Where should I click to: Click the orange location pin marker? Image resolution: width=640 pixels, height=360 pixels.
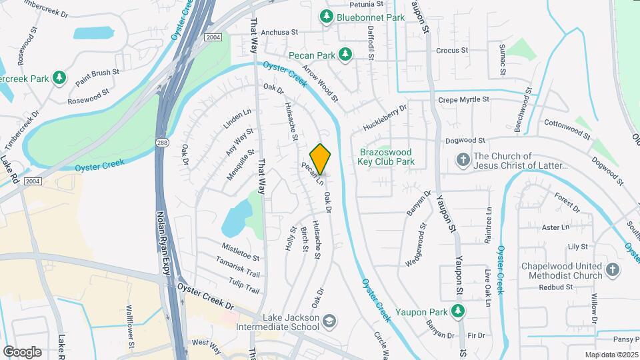click(321, 159)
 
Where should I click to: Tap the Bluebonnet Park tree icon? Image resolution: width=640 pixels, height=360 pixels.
click(327, 16)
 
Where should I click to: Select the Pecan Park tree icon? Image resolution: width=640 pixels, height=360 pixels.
click(345, 54)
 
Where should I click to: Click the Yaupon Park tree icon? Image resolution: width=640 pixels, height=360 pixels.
click(457, 310)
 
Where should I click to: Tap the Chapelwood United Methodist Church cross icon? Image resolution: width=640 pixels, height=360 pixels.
click(613, 271)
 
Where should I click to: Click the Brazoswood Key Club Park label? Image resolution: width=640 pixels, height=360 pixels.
click(387, 156)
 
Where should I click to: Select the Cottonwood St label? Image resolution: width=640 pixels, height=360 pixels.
click(567, 129)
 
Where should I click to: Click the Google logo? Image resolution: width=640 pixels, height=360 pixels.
click(22, 351)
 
